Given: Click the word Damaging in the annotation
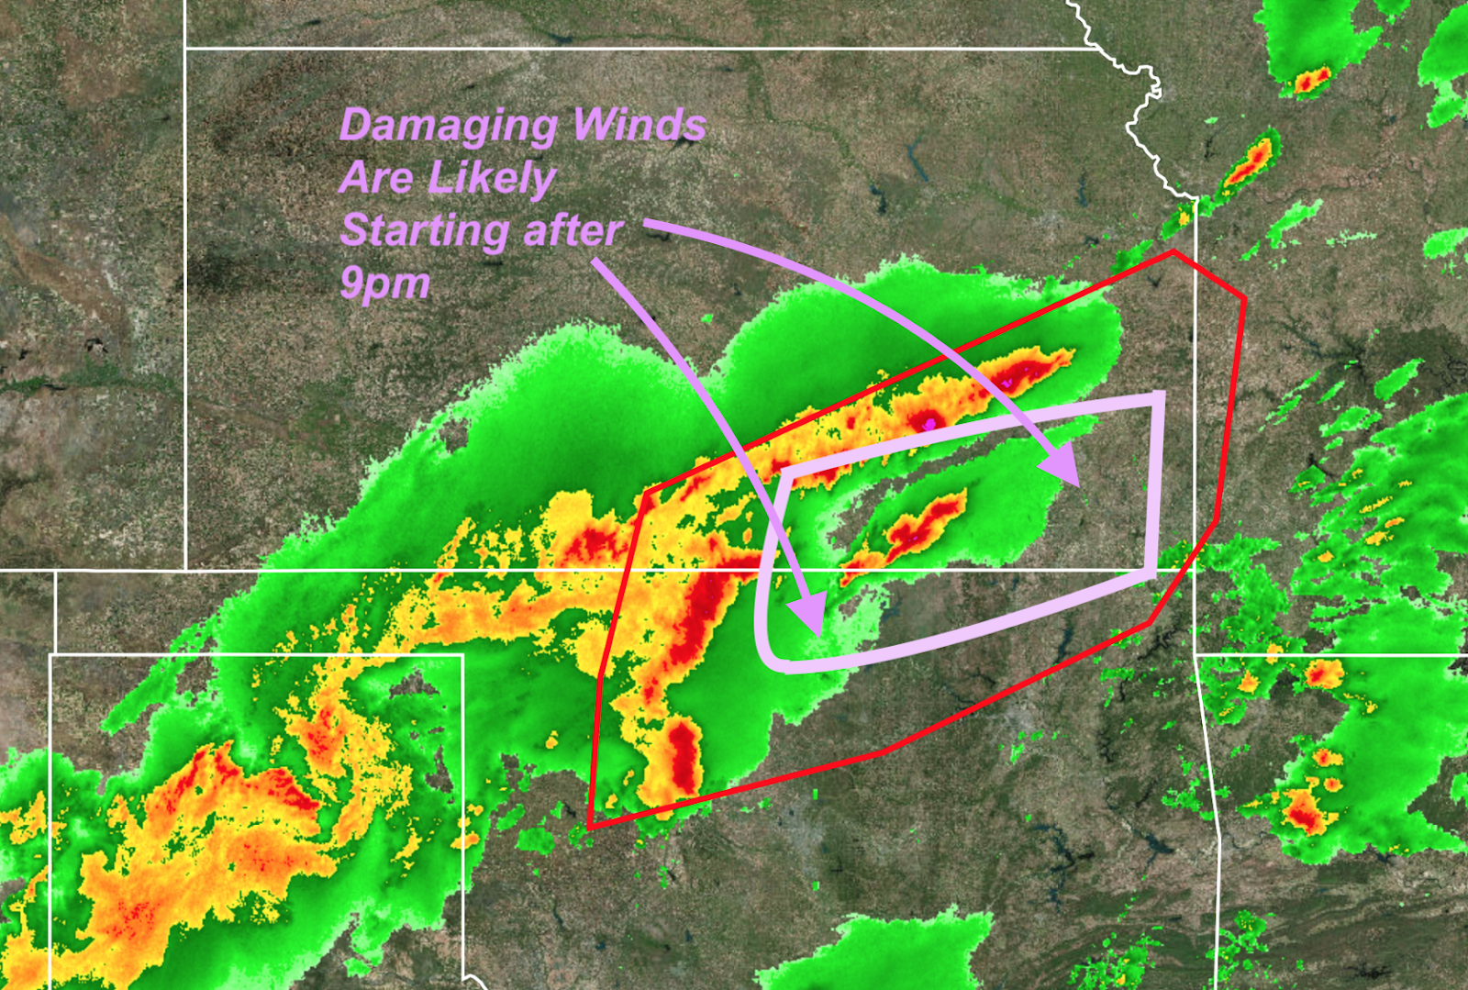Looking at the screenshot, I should click(x=448, y=127).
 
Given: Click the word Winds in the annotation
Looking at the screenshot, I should click(x=639, y=125).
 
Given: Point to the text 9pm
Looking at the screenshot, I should click(x=384, y=284).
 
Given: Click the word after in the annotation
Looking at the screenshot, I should click(x=573, y=230).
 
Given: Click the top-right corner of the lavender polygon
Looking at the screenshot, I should click(x=1159, y=397).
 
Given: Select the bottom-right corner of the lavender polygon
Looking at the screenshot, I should click(x=1151, y=573).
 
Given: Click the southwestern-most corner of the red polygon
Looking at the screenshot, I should click(x=590, y=826).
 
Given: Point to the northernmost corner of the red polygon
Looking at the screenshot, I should click(x=1173, y=251).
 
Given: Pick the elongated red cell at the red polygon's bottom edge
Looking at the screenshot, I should click(x=683, y=757).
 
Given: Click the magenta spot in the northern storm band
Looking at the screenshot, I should click(x=930, y=423).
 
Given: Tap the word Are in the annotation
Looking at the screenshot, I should click(x=375, y=178).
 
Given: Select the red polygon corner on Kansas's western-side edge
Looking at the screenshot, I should click(x=646, y=494).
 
